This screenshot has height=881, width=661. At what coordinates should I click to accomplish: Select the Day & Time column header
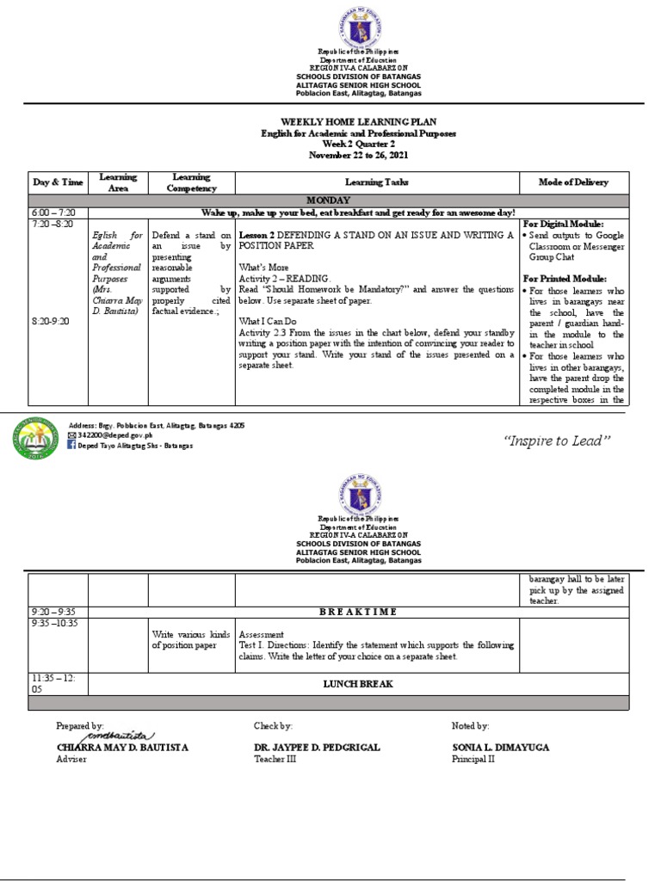coord(59,182)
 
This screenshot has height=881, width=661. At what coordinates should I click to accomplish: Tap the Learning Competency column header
coord(191,182)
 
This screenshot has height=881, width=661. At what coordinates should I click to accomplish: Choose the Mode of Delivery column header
coord(573,182)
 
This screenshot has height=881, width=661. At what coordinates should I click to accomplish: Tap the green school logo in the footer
coord(37,437)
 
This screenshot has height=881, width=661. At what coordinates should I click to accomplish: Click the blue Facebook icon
coord(72,446)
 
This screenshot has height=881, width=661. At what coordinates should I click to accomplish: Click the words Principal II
coord(473,760)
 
